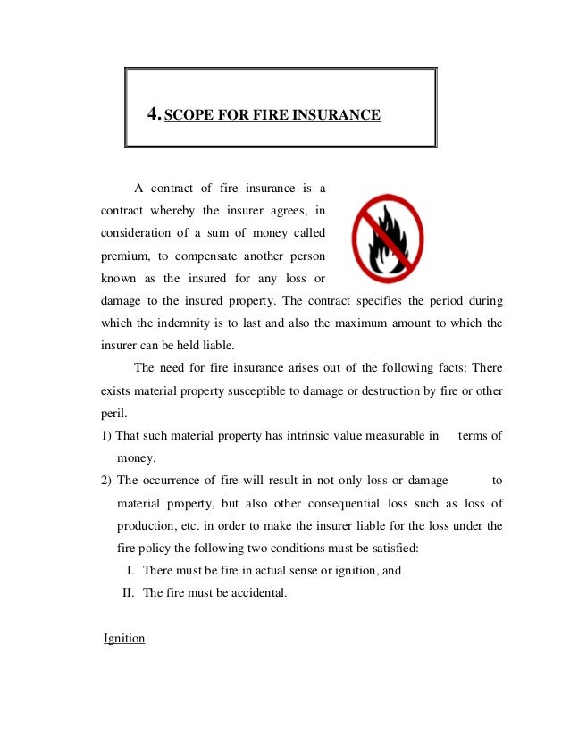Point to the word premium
(122, 257)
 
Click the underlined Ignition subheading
(124, 639)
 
